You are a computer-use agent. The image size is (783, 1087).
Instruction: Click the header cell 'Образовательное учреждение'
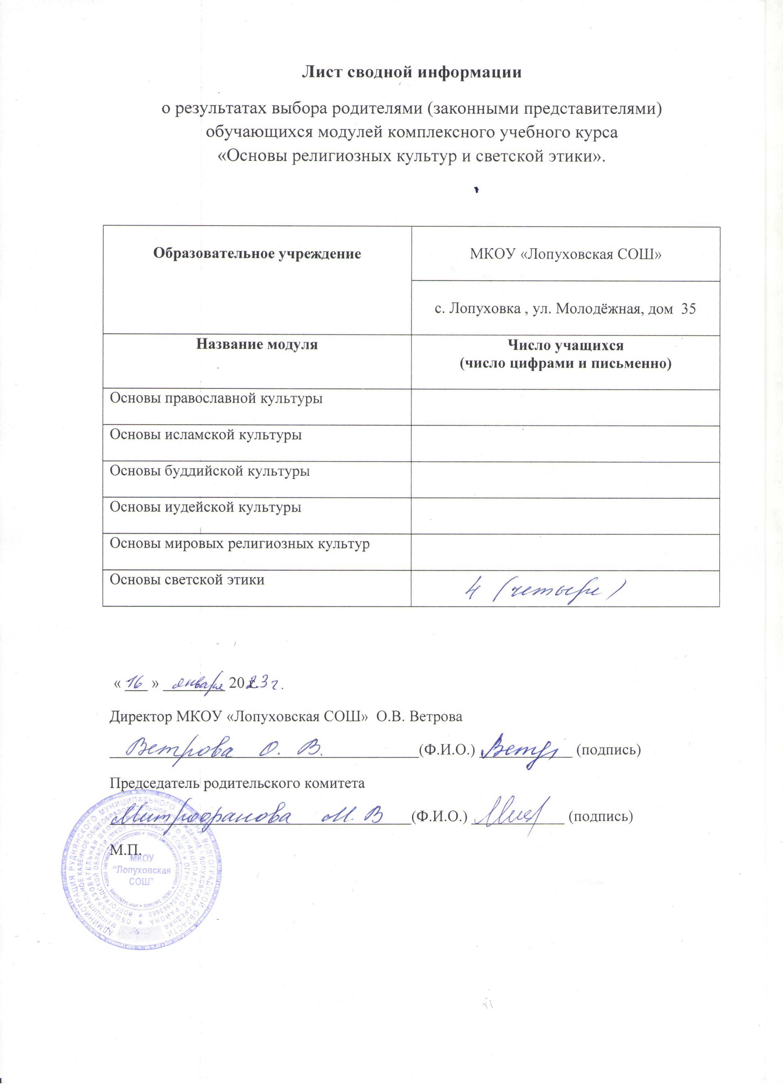click(x=257, y=254)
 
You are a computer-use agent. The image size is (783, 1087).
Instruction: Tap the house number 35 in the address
click(x=688, y=309)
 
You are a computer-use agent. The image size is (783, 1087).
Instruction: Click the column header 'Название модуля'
click(x=257, y=345)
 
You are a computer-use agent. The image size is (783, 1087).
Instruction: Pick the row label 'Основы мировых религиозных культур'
click(x=239, y=544)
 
